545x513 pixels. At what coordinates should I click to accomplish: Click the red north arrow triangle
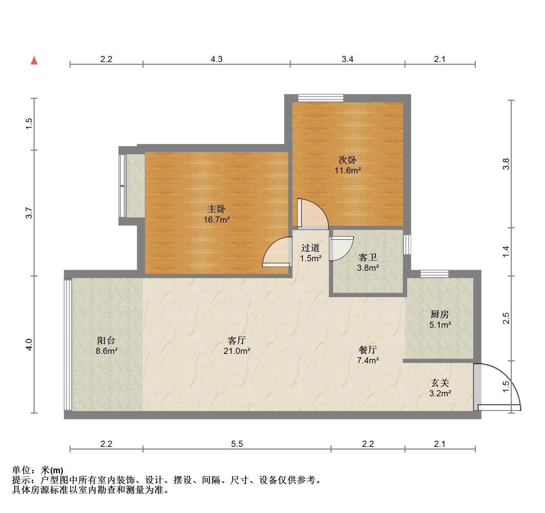pyautogui.click(x=34, y=61)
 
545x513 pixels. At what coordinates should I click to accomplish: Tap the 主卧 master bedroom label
pyautogui.click(x=217, y=209)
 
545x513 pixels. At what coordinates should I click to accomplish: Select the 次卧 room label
pyautogui.click(x=348, y=159)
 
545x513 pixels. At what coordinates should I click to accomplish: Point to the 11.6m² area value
pyautogui.click(x=348, y=170)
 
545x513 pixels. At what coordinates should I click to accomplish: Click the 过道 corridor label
pyautogui.click(x=311, y=248)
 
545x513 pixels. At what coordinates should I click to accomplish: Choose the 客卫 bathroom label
pyautogui.click(x=368, y=257)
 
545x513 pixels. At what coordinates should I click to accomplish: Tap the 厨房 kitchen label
pyautogui.click(x=440, y=314)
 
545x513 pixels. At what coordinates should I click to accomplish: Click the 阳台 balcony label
pyautogui.click(x=106, y=340)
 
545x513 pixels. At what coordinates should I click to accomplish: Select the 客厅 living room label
pyautogui.click(x=237, y=340)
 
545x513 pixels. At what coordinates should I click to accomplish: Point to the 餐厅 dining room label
pyautogui.click(x=368, y=349)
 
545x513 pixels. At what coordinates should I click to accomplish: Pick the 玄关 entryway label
pyautogui.click(x=440, y=383)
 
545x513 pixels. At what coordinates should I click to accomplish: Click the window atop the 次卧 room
pyautogui.click(x=321, y=98)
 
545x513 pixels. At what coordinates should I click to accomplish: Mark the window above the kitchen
pyautogui.click(x=434, y=273)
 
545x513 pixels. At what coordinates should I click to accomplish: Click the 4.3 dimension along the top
pyautogui.click(x=217, y=59)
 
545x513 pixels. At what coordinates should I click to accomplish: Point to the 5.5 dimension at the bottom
pyautogui.click(x=237, y=444)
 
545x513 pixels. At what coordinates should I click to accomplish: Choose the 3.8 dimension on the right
pyautogui.click(x=506, y=164)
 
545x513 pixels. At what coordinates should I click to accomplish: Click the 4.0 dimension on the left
pyautogui.click(x=29, y=345)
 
